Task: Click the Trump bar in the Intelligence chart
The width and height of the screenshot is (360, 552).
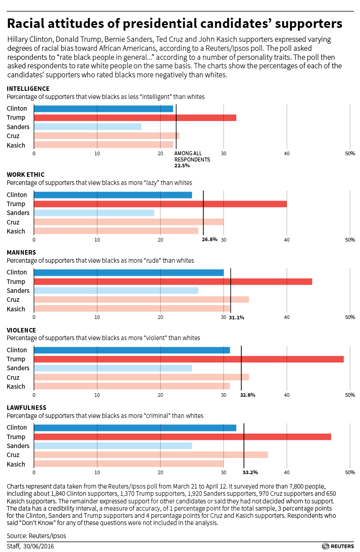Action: [135, 118]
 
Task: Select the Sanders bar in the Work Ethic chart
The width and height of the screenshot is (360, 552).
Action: [94, 213]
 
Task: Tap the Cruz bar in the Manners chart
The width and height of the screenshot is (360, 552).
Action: [141, 300]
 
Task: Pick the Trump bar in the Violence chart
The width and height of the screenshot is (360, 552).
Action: [189, 359]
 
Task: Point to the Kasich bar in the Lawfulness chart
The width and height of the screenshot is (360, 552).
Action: [129, 464]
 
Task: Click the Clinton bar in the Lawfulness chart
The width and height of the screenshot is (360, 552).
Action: [135, 427]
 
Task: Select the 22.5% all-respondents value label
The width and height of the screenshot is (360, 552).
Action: [182, 166]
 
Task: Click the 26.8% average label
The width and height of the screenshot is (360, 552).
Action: [210, 239]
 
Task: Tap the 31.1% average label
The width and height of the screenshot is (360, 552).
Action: [237, 317]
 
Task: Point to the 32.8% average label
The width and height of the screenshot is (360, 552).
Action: [248, 395]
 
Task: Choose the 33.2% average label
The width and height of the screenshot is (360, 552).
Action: [250, 472]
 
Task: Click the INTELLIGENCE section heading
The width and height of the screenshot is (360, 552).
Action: [28, 89]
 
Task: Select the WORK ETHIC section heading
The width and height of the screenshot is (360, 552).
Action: [26, 175]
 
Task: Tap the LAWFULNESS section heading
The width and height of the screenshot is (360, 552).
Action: [27, 408]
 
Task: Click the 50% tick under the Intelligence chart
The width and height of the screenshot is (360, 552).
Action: [350, 153]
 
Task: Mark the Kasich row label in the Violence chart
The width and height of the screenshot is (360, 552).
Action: [16, 386]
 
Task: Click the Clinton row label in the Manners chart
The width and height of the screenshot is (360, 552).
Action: [17, 272]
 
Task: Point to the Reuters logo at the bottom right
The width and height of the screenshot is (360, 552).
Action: [338, 546]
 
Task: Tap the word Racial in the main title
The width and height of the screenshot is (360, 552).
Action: [31, 23]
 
